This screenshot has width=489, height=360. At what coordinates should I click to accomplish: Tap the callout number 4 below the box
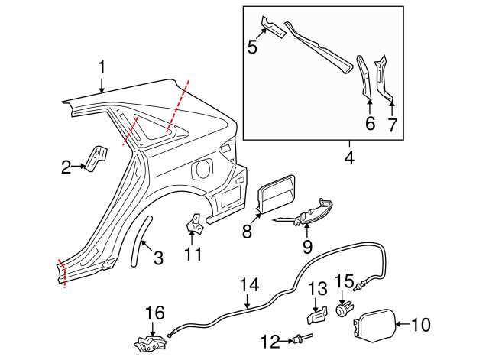tap(349, 158)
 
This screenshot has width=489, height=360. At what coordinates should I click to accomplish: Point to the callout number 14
tap(250, 286)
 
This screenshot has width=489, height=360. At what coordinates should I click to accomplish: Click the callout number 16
tap(155, 312)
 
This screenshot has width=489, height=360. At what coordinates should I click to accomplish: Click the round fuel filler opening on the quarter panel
tap(205, 167)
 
